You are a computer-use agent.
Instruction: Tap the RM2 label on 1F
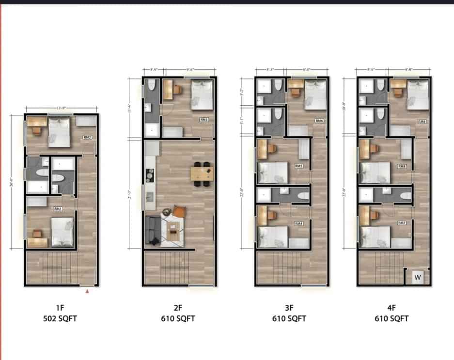tap(87, 137)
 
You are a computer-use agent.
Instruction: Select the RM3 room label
tap(204, 119)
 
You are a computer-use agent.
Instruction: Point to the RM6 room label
tap(319, 121)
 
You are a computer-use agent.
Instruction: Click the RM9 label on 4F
tap(422, 122)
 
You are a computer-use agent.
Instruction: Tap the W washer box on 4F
tap(417, 278)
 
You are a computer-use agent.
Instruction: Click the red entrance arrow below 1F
tap(87, 291)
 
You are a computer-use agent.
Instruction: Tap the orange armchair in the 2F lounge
tap(179, 211)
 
